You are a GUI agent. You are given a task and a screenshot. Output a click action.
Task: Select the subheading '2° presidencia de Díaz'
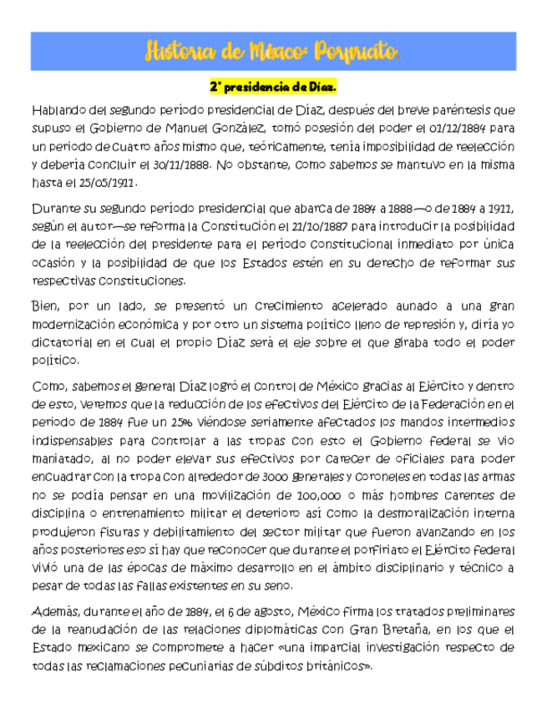point(272,87)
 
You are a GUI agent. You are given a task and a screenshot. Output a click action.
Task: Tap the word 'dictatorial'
point(61,341)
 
